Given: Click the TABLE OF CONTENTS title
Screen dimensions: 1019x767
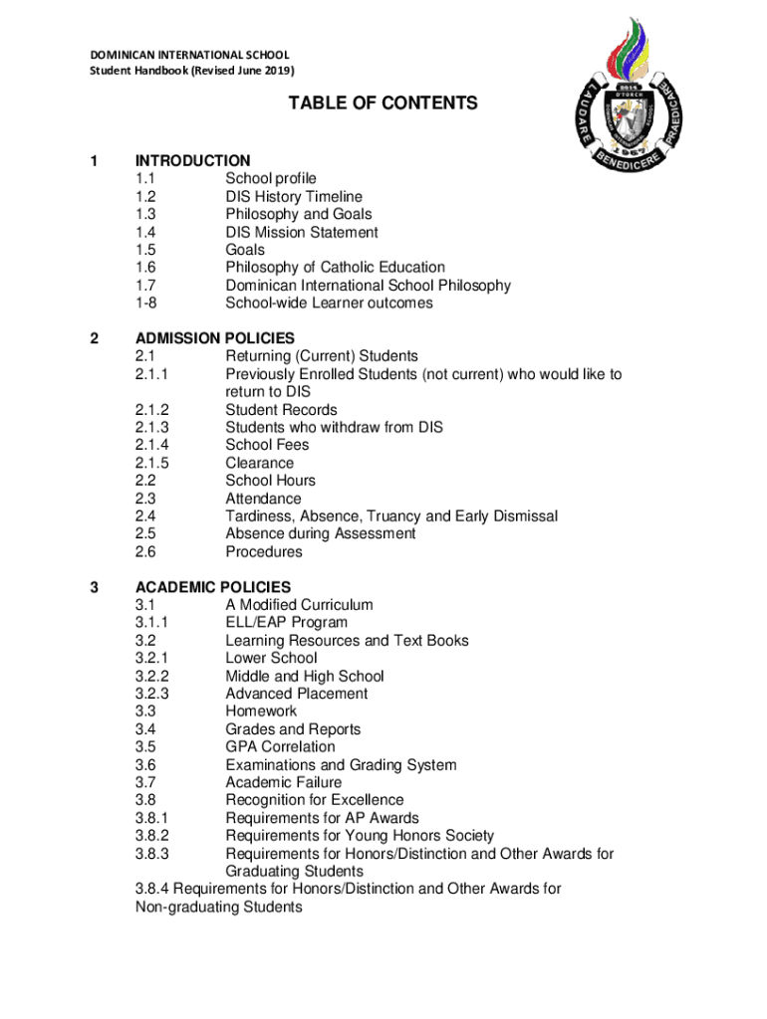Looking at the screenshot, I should [x=383, y=103].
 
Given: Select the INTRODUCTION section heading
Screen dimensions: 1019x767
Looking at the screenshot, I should [x=193, y=160].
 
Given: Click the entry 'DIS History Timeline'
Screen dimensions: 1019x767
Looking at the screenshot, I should [x=294, y=197].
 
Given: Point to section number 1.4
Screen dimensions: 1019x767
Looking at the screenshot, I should [x=145, y=232].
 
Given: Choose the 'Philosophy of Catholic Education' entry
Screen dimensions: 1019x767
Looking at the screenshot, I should [x=335, y=268].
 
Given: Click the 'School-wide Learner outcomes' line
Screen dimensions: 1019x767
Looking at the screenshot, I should [x=329, y=304].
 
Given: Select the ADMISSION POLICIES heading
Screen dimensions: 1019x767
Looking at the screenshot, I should [x=215, y=338].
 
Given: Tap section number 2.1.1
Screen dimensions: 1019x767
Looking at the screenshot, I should [x=152, y=374].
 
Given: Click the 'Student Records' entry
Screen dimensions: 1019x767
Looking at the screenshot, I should [x=281, y=410].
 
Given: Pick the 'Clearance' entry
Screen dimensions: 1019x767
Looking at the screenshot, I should [x=260, y=463].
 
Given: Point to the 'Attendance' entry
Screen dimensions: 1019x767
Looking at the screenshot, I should [x=263, y=499].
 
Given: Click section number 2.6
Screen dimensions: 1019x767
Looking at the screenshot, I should [x=145, y=551].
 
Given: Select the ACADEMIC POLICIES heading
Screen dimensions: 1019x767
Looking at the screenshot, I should [x=213, y=587].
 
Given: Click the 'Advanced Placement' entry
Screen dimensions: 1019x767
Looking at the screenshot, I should [x=296, y=694].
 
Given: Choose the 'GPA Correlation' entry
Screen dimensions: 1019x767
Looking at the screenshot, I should [x=280, y=746].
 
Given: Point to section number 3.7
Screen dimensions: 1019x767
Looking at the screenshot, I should [x=145, y=782].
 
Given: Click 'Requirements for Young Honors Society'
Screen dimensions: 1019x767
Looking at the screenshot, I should [x=360, y=836].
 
